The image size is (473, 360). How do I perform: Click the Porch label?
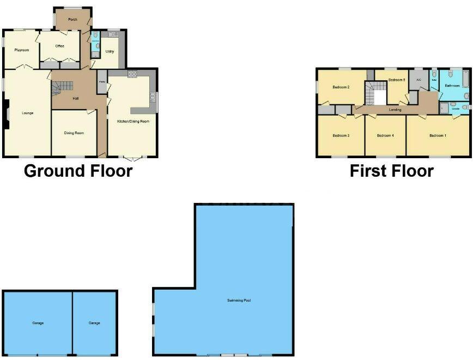click(x=72, y=20)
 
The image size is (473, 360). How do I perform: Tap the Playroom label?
click(x=21, y=50)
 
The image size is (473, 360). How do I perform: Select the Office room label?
click(x=60, y=46)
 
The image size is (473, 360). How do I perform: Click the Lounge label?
click(x=27, y=113)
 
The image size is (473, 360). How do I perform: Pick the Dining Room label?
click(x=74, y=133)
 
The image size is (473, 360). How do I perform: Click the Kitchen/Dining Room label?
click(x=133, y=121)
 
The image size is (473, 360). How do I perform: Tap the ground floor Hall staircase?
click(x=62, y=86)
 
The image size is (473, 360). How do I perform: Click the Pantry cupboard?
click(x=102, y=83)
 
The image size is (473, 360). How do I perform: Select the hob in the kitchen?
click(x=132, y=74)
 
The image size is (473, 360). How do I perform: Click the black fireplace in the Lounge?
click(x=5, y=115)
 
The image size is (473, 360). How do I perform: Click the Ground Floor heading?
click(x=78, y=171)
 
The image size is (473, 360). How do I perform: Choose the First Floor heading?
click(x=391, y=171)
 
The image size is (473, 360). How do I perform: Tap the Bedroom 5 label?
click(x=396, y=80)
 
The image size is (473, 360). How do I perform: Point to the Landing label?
click(x=395, y=110)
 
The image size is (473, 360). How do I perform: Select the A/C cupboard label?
click(x=419, y=80)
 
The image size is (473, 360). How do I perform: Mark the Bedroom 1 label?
click(x=438, y=135)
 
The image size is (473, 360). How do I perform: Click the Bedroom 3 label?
click(x=341, y=135)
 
